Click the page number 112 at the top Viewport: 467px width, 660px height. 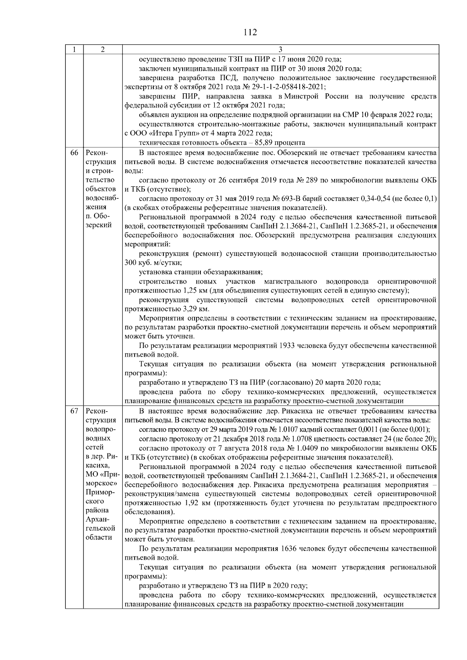click(x=250, y=32)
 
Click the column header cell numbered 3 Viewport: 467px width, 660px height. click(x=281, y=50)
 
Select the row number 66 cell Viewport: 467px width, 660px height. click(x=74, y=153)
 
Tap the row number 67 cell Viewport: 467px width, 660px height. click(x=74, y=411)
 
